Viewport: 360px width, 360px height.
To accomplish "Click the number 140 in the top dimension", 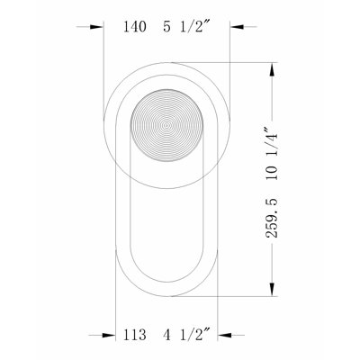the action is click(135, 27).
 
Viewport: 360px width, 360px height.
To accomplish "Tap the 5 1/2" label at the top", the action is click(186, 26).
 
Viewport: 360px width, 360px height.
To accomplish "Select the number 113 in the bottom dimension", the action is click(135, 335).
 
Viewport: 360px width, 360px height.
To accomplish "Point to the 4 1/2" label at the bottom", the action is click(186, 334).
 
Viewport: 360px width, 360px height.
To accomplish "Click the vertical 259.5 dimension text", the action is click(272, 218).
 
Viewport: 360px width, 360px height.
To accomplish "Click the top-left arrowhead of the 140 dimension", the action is click(96, 27).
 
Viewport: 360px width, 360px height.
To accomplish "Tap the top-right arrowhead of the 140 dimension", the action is click(237, 27).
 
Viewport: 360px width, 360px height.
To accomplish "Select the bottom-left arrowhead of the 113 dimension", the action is click(109, 335).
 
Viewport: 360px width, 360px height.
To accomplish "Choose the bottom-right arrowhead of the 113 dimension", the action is click(224, 335).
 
